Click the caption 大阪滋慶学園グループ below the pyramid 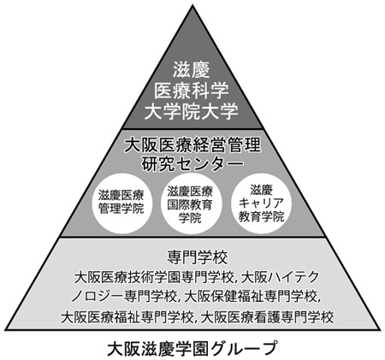point(192,348)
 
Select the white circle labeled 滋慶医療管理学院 point(121,203)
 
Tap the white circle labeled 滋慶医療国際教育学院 point(190,203)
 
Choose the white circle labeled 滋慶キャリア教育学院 point(261,203)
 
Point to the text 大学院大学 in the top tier point(191,111)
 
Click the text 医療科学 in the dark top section point(191,91)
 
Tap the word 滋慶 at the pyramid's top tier point(191,70)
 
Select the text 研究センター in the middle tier point(192,164)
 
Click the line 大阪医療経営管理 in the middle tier point(192,145)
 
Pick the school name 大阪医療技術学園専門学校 point(154,277)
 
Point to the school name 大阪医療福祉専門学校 point(127,316)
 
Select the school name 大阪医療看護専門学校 point(267,316)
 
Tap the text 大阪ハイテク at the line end point(280,277)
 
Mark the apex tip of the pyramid point(192,5)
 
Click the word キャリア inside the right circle point(261,203)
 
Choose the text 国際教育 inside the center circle point(190,204)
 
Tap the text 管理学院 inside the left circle point(121,209)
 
